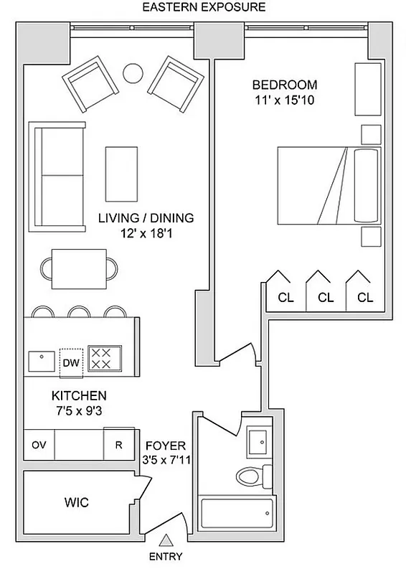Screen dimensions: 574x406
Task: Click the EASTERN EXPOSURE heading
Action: tap(204, 8)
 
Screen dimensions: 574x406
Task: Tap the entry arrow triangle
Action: tap(166, 540)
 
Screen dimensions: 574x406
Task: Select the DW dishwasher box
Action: tap(70, 362)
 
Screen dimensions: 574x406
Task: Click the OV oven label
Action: tap(39, 445)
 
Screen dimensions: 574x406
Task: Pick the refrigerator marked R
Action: tap(118, 445)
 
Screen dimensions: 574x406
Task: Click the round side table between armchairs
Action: tap(133, 72)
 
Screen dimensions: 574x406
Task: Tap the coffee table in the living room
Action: tap(121, 174)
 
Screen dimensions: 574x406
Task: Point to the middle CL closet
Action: tap(325, 296)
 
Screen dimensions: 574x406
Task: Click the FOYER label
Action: tap(165, 446)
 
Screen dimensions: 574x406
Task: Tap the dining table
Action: tap(79, 268)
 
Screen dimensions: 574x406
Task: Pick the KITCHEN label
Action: tap(79, 395)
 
